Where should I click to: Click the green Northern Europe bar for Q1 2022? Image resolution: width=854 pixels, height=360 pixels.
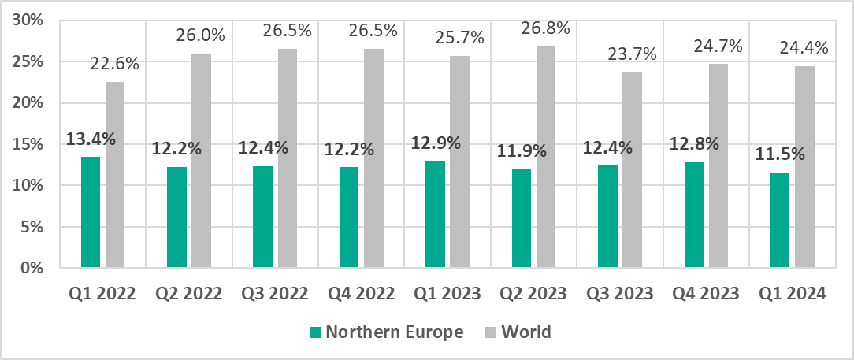[x=91, y=213]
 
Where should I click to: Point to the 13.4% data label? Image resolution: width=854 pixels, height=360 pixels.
[x=91, y=139]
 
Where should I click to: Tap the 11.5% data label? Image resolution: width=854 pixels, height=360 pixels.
[x=780, y=154]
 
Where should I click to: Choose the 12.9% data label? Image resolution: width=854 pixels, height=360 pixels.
[x=436, y=143]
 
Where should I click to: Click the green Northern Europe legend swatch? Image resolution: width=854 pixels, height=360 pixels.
[x=316, y=332]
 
